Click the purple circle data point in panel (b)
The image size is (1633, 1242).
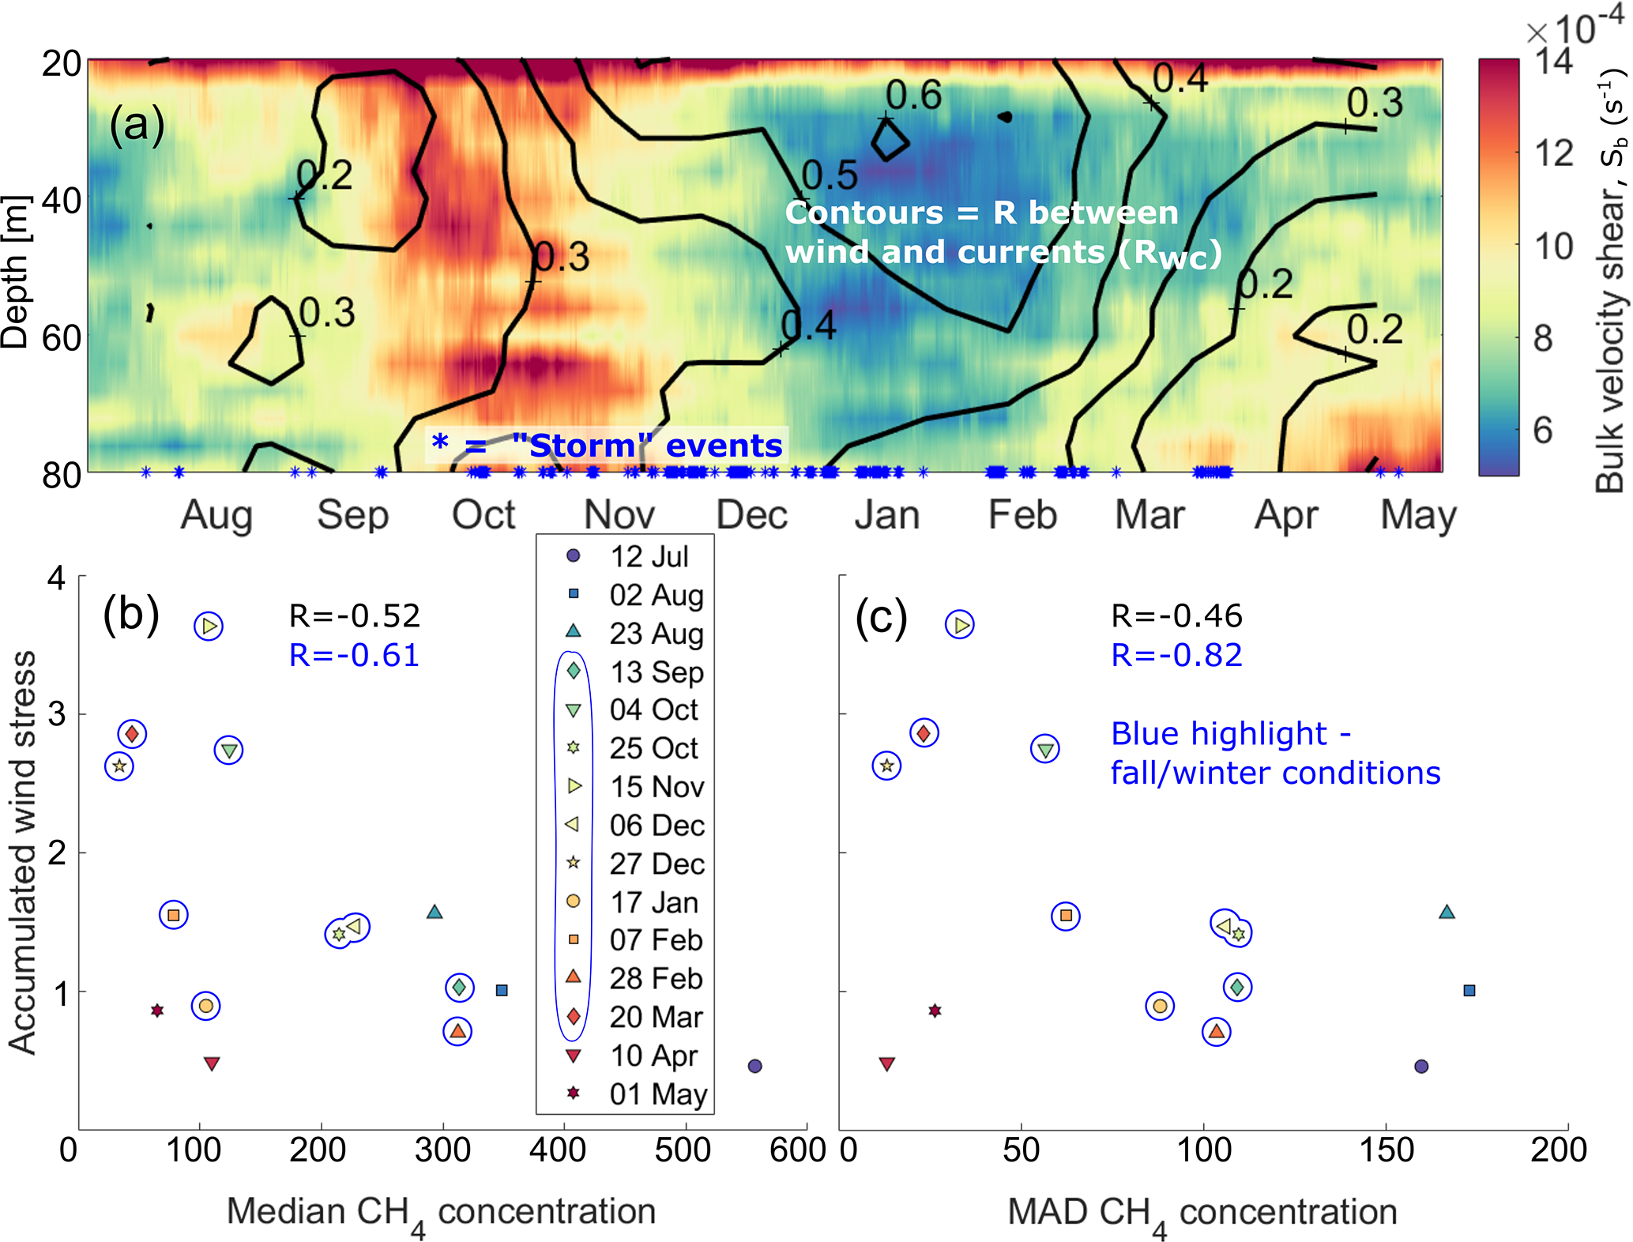(x=754, y=1066)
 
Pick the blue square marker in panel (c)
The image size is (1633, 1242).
(x=1469, y=990)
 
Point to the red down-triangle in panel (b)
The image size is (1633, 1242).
(x=211, y=1063)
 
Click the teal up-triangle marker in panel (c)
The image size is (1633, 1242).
(x=1447, y=913)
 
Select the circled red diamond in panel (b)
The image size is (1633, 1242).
(x=132, y=734)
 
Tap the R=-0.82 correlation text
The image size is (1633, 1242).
(x=1176, y=655)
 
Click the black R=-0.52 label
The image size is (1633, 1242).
(x=354, y=615)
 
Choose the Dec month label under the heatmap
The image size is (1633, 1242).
(x=751, y=515)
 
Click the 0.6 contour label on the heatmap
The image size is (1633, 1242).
(x=913, y=96)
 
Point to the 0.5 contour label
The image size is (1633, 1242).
(x=829, y=175)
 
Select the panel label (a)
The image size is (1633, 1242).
(x=137, y=125)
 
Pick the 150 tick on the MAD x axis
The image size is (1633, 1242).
(x=1386, y=1150)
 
